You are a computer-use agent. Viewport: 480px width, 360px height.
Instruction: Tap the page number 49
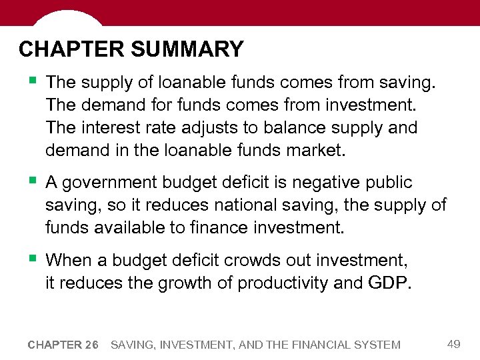(454, 344)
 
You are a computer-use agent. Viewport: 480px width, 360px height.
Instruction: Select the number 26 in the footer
(91, 345)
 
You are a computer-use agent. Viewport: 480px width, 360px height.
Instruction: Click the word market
(315, 150)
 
